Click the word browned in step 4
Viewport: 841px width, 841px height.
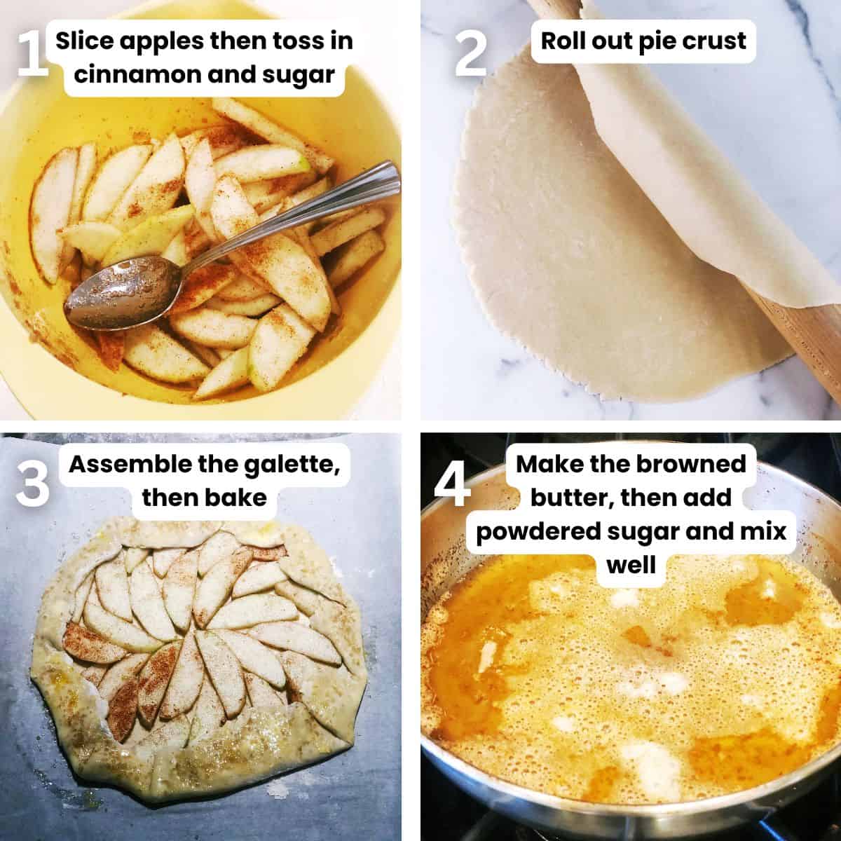pyautogui.click(x=691, y=464)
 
